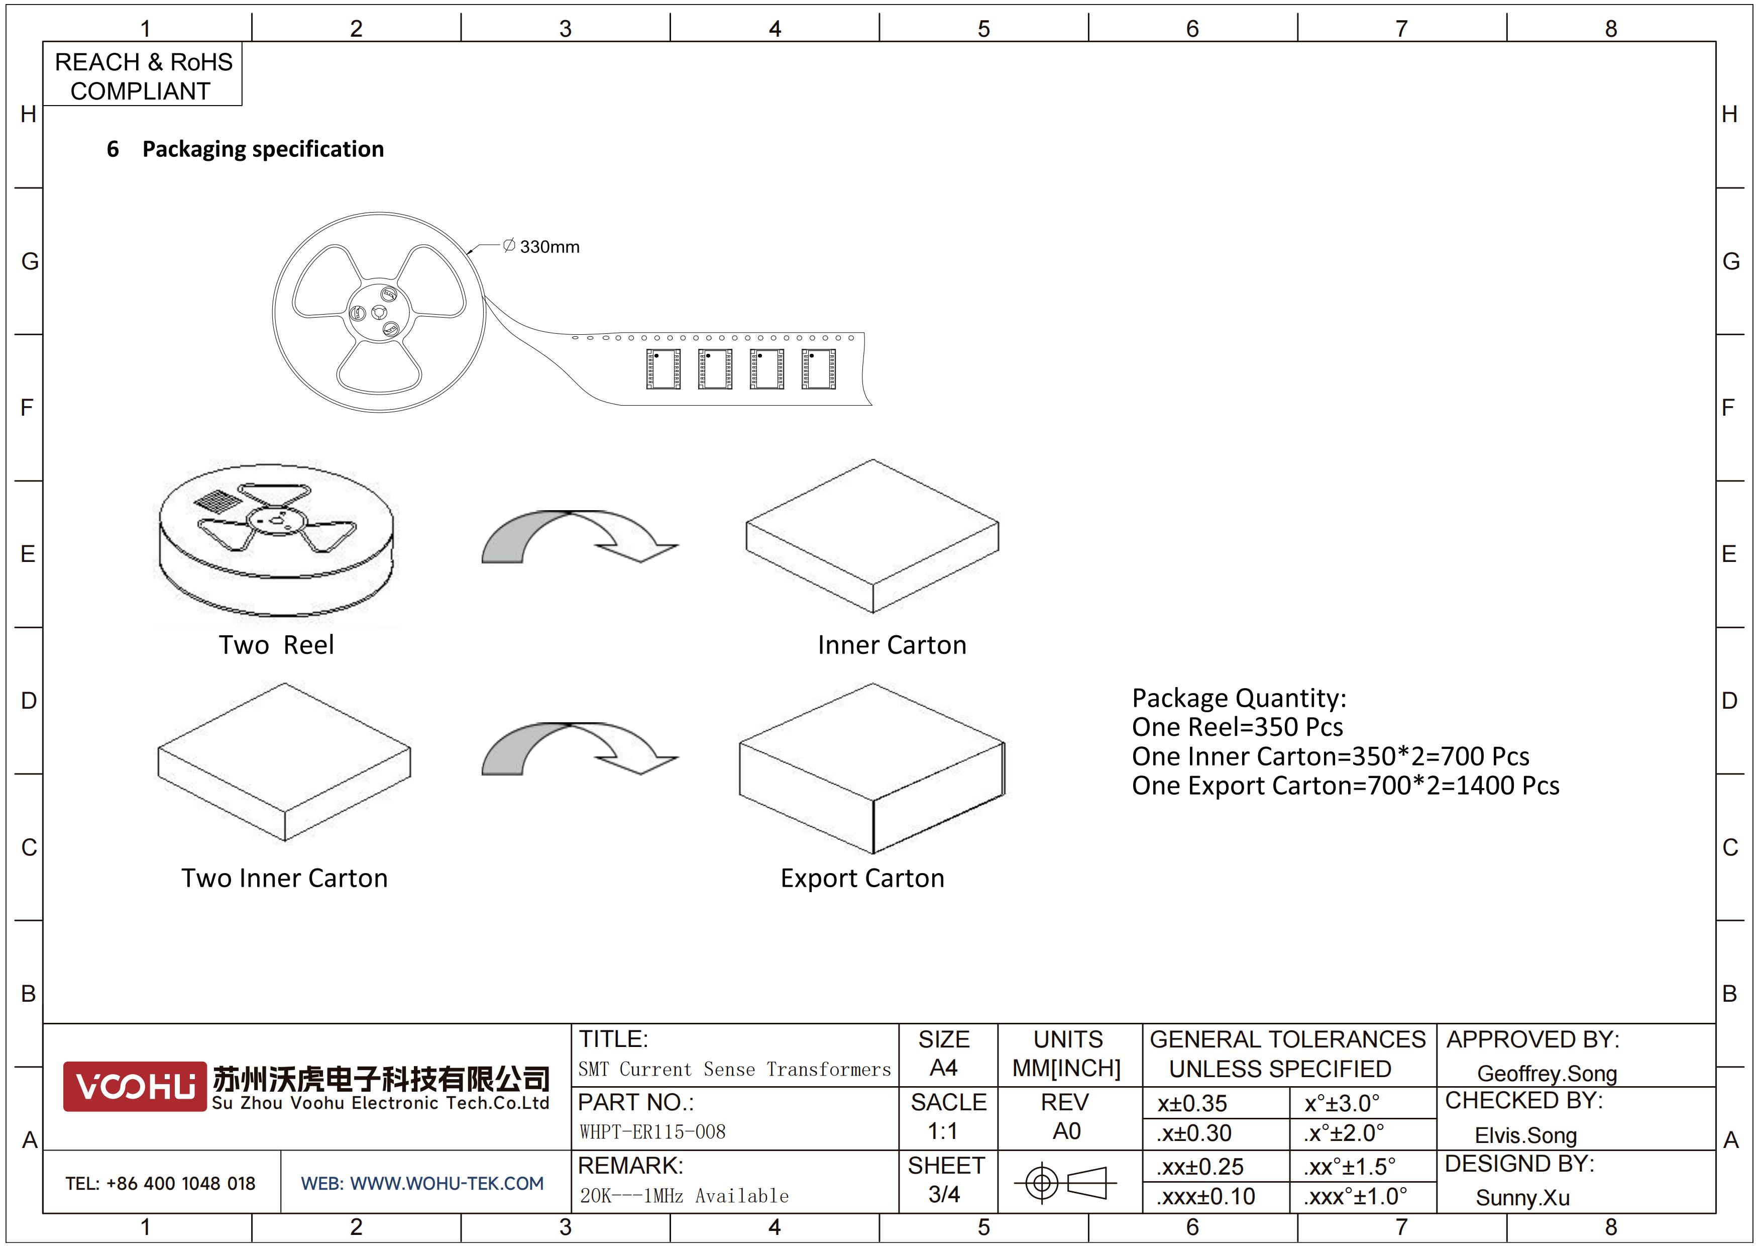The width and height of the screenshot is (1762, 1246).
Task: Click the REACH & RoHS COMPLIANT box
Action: coord(143,74)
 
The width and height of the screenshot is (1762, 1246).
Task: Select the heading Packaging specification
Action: coord(263,149)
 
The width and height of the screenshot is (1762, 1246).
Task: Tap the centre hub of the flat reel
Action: coord(378,313)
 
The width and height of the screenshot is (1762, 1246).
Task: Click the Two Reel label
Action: coord(276,645)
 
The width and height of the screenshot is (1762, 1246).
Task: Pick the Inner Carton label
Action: coord(892,645)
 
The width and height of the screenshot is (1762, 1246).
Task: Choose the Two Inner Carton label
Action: coord(285,878)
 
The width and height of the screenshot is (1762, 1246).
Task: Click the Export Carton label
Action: coord(862,878)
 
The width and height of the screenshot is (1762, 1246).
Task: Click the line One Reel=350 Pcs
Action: coord(1237,727)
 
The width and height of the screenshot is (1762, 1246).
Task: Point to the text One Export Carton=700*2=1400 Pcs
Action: coord(1345,786)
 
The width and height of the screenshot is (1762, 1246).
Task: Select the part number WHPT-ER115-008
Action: coord(652,1131)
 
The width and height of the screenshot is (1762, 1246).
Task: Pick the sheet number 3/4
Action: coord(944,1195)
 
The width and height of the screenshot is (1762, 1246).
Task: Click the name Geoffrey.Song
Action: coord(1547,1074)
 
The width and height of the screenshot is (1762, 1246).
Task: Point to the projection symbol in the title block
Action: coord(1065,1182)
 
